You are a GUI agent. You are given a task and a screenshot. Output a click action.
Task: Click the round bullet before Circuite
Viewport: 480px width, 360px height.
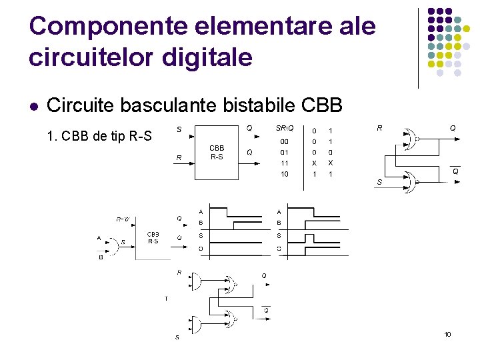(x=34, y=106)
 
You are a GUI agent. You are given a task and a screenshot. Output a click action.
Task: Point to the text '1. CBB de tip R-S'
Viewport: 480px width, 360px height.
(x=100, y=137)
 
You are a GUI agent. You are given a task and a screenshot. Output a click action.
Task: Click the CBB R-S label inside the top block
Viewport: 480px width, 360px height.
(x=217, y=152)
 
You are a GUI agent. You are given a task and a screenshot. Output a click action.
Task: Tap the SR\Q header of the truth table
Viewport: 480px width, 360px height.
(x=284, y=128)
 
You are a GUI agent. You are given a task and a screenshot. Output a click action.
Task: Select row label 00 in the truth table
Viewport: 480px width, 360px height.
(x=285, y=141)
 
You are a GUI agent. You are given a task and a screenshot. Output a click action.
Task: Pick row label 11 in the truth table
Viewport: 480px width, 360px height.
(x=285, y=163)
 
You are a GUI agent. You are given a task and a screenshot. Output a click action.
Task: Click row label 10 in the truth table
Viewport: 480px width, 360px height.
(x=285, y=174)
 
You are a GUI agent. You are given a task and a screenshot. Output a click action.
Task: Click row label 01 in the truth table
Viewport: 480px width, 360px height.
(x=285, y=152)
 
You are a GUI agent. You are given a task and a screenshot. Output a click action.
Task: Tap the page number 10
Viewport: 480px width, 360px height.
(x=447, y=334)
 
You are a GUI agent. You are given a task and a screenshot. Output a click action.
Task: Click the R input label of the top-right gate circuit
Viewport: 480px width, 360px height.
(x=379, y=128)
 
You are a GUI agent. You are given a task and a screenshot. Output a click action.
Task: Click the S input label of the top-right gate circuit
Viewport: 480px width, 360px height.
(x=379, y=181)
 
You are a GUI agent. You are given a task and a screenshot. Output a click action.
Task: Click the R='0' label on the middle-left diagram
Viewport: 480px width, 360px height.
(x=123, y=219)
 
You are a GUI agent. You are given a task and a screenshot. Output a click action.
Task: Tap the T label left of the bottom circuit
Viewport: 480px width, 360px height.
(x=166, y=299)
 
